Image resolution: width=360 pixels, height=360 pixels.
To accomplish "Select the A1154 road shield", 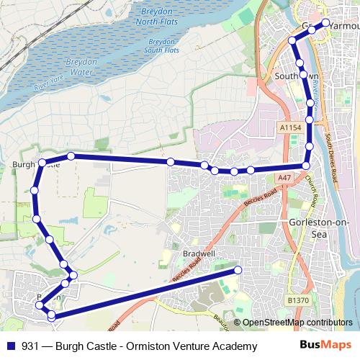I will coord(290,127).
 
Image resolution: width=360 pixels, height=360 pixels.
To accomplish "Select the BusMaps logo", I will coord(325,346).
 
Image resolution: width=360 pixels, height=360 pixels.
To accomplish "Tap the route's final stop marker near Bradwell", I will coord(238,270).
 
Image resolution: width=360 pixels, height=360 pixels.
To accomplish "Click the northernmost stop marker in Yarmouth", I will coord(325,22).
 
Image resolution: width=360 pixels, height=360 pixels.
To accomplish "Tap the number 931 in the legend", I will coord(31,346).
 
